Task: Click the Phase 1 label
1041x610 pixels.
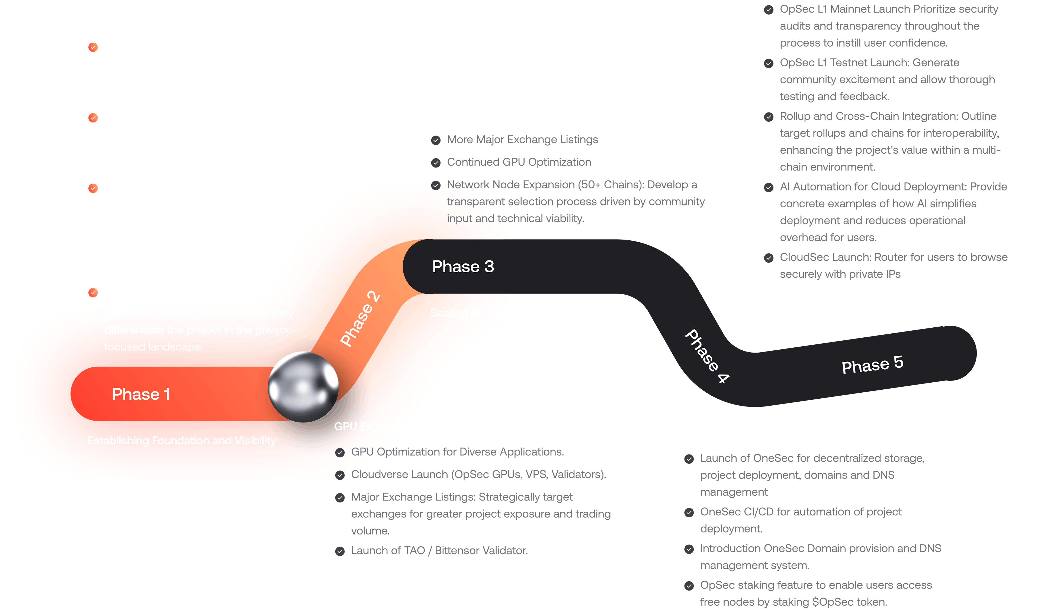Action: [x=141, y=394]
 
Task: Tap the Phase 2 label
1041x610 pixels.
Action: [x=359, y=319]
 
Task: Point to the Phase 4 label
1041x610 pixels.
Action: [x=707, y=356]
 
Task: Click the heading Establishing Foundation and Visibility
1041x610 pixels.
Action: [x=181, y=441]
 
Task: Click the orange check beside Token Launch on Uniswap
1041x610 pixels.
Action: [x=93, y=47]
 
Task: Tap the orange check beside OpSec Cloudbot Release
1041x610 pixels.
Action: [x=93, y=118]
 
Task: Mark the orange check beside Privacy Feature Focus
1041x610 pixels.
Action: [x=93, y=293]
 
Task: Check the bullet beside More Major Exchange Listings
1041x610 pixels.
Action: [x=436, y=140]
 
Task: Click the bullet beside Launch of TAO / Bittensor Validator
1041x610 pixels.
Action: [x=340, y=551]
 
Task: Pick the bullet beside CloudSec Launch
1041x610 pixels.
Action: [x=769, y=258]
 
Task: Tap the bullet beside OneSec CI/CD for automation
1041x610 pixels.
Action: [x=689, y=512]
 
